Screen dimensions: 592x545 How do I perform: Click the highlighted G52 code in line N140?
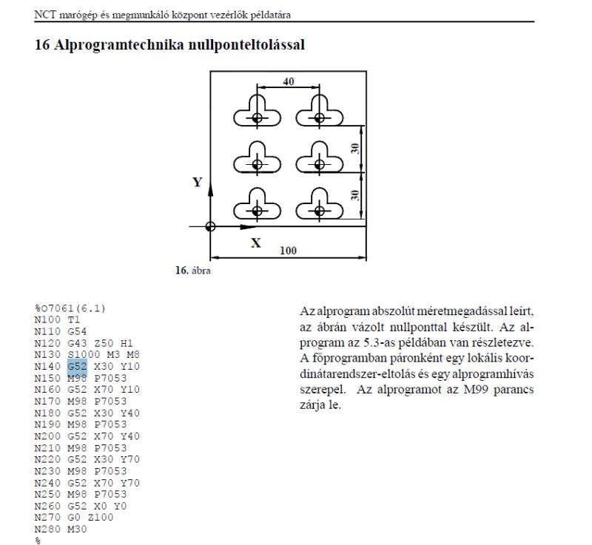coord(78,366)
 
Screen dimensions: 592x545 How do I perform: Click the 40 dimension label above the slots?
coord(289,81)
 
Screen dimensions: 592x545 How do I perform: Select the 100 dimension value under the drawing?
coord(288,251)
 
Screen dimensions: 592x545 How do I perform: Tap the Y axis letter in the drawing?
coord(198,182)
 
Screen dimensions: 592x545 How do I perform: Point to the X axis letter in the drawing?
coord(256,243)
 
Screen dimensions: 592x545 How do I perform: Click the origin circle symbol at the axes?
coord(210,227)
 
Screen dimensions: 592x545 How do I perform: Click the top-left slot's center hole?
coord(257,118)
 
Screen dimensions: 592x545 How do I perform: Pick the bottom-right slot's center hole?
coord(320,211)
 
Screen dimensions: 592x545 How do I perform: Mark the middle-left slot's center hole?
coord(257,164)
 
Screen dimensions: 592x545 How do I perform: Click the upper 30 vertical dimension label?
coord(355,149)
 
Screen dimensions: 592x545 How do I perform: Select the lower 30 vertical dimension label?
coord(355,195)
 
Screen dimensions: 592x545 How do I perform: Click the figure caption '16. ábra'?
coord(193,271)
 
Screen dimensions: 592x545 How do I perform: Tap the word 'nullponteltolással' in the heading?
coord(246,45)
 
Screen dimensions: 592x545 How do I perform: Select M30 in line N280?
coord(77,529)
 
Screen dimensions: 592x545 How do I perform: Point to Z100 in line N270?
coord(101,517)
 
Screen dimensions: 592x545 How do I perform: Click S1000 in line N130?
coord(84,354)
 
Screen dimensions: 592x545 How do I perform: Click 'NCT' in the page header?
coord(45,15)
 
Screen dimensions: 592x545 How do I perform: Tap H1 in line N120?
coord(127,343)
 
